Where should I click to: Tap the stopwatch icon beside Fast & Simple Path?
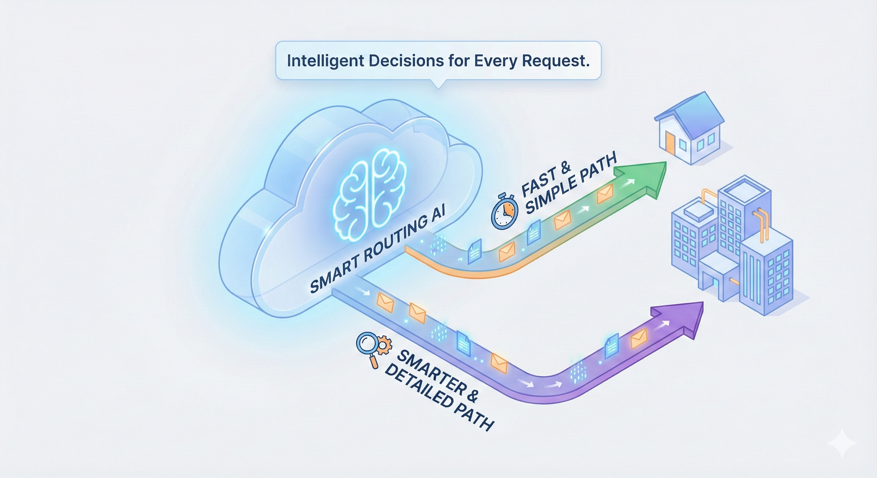(504, 213)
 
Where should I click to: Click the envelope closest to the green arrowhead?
(604, 194)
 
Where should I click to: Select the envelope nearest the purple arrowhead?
(639, 339)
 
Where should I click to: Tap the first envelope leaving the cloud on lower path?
(385, 303)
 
